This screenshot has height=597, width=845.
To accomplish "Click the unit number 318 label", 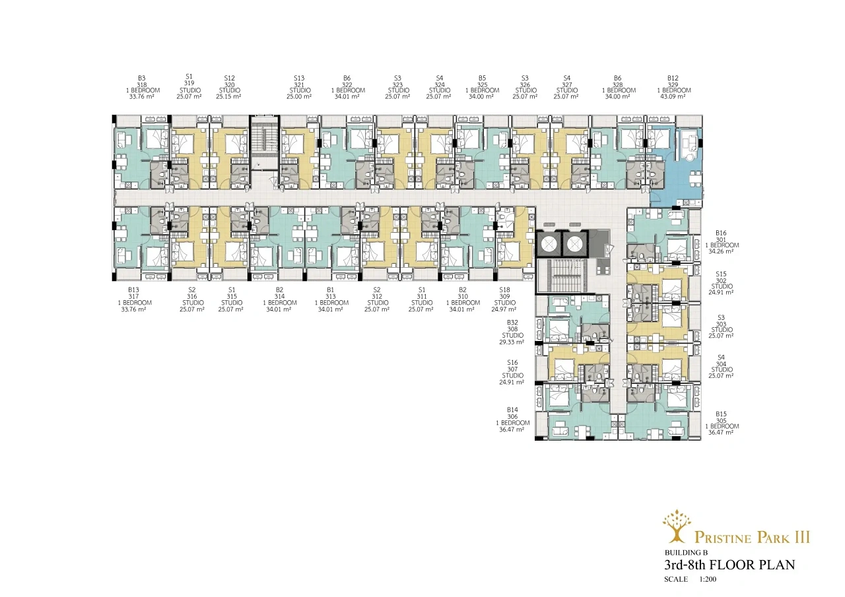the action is pos(142,85).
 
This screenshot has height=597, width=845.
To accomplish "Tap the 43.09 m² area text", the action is pos(673,96).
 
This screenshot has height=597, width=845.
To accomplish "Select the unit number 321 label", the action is pos(299,85).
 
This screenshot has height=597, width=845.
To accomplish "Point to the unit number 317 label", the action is pos(133,297).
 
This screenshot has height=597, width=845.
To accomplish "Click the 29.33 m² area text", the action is pos(512,342).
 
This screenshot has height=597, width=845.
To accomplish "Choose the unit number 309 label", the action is pos(505,297).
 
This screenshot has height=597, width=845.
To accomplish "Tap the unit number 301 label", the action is pos(721,239).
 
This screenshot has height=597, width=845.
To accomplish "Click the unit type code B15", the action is pos(722,414).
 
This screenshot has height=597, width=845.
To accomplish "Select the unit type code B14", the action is pos(512,410).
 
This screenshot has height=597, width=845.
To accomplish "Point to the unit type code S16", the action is pos(512,363).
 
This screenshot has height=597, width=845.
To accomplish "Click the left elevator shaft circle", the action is pos(549,244).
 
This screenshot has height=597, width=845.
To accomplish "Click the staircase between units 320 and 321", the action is pos(265,142).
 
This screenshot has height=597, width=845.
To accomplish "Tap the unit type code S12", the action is pos(229,79).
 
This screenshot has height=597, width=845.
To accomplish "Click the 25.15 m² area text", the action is pos(228,96).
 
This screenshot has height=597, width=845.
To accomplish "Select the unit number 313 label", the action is pos(331,297).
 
